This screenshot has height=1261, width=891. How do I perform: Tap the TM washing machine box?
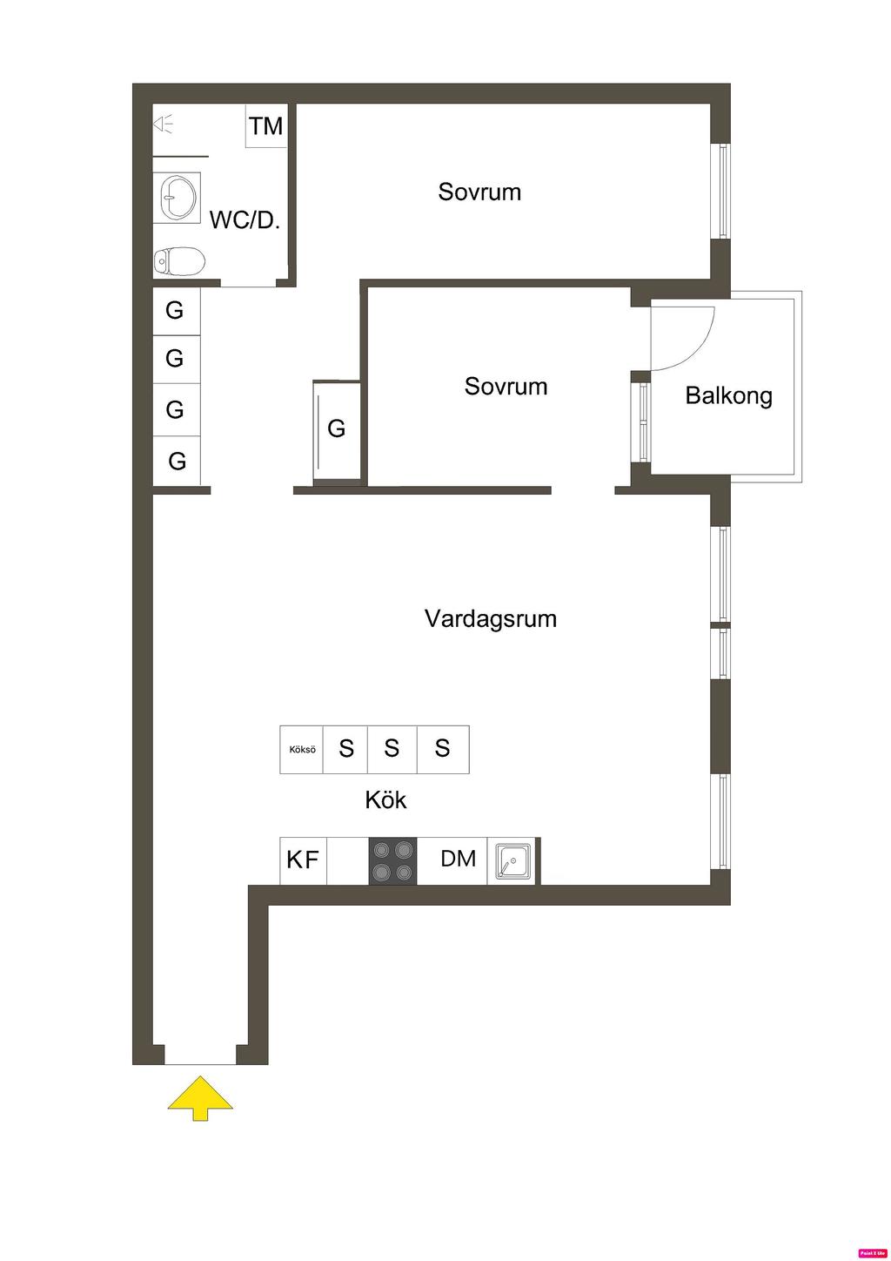pos(266,126)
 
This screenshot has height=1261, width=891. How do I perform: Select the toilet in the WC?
pos(179,260)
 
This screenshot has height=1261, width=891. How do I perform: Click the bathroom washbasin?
pos(178,197)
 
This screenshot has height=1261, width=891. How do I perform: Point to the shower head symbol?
pos(164,125)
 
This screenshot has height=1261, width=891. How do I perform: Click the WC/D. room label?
pos(245,219)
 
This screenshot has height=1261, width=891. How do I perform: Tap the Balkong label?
pos(728,395)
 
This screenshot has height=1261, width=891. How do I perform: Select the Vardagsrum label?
pos(491,618)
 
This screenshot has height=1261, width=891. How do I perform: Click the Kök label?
pos(385,799)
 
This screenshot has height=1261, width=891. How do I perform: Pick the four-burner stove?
pos(392,861)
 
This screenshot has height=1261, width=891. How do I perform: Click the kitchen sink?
pos(512,861)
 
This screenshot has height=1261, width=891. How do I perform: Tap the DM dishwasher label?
pos(458,859)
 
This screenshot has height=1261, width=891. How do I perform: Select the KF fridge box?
pos(303,860)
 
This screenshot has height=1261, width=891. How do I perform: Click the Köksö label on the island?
pos(302,749)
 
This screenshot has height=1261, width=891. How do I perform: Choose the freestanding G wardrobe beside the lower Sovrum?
pos(337,428)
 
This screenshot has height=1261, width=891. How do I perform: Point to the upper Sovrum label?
pos(479,192)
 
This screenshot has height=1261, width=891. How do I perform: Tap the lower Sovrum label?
pos(506,386)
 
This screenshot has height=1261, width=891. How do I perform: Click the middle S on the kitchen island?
pos(392,748)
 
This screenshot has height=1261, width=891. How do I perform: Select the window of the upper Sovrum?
pos(721,191)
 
